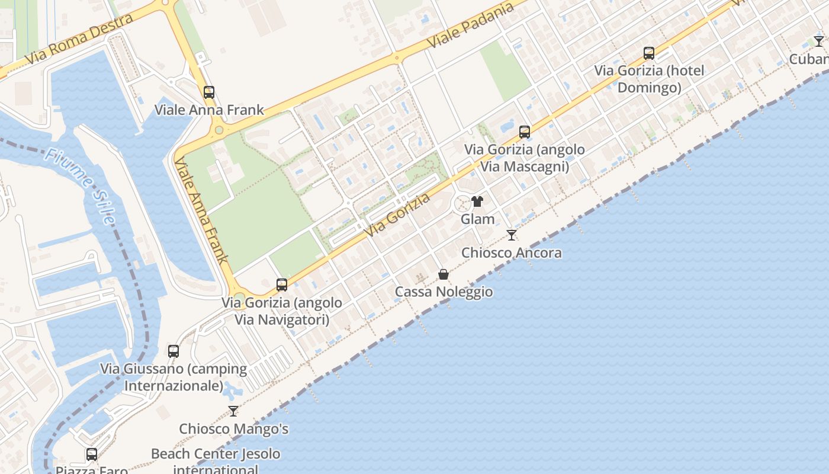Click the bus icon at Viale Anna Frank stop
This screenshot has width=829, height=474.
pyautogui.click(x=209, y=92)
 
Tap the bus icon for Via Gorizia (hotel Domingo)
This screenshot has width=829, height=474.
pyautogui.click(x=649, y=53)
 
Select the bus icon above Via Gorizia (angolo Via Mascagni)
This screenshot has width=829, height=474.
pyautogui.click(x=525, y=132)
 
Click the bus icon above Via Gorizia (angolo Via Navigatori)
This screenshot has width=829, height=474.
pyautogui.click(x=282, y=285)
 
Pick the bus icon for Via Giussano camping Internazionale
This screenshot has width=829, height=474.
pyautogui.click(x=173, y=351)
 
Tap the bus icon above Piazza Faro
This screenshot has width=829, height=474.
pyautogui.click(x=92, y=454)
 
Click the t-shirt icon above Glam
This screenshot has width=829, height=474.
pyautogui.click(x=477, y=201)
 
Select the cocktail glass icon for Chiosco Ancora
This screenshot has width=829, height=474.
pyautogui.click(x=512, y=235)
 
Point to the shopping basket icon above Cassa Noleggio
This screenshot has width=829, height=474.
pyautogui.click(x=444, y=274)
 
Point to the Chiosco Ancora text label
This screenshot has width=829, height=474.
pyautogui.click(x=512, y=253)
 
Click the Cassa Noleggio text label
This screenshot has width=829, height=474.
pyautogui.click(x=444, y=292)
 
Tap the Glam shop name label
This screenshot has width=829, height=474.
pyautogui.click(x=477, y=219)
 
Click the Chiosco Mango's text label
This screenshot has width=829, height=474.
pyautogui.click(x=233, y=429)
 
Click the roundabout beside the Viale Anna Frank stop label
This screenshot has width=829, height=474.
pyautogui.click(x=219, y=130)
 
